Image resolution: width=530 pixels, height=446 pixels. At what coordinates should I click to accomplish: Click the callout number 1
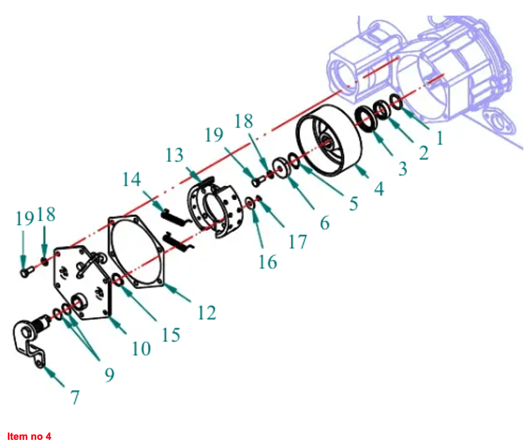point(440,138)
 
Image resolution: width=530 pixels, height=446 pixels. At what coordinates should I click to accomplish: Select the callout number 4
point(379,188)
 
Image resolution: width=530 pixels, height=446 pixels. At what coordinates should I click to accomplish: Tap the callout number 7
point(75,397)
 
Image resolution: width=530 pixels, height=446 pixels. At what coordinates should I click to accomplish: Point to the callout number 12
point(206,313)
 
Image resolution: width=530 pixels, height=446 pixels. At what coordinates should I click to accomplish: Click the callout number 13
point(175,155)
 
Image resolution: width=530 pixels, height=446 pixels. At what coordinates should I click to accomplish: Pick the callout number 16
point(268,262)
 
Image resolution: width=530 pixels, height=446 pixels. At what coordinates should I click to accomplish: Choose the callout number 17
point(297,242)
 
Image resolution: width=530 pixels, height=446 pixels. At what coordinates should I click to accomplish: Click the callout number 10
point(141,348)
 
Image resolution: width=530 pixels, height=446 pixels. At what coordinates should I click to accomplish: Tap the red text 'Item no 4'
point(29,436)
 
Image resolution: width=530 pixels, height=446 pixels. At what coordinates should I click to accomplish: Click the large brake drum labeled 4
point(329,140)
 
